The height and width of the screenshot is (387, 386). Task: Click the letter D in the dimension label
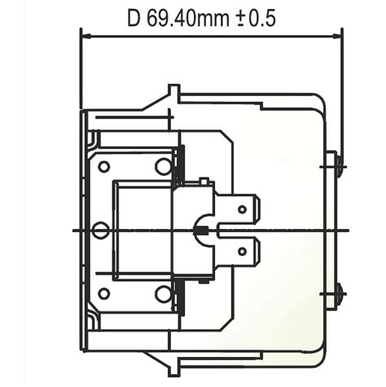coord(135,17)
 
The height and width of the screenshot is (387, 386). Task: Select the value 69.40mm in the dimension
coord(186,17)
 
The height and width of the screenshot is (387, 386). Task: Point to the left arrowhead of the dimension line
coord(86,36)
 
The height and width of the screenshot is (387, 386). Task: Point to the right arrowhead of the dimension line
coord(337,36)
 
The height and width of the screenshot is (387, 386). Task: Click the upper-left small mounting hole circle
coord(103,166)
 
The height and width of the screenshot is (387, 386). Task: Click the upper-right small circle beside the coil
coord(163,166)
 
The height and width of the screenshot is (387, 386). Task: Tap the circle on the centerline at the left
coord(99,231)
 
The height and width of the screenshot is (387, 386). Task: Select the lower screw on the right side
coord(338,292)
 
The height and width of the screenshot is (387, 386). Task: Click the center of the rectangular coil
coord(141,231)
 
